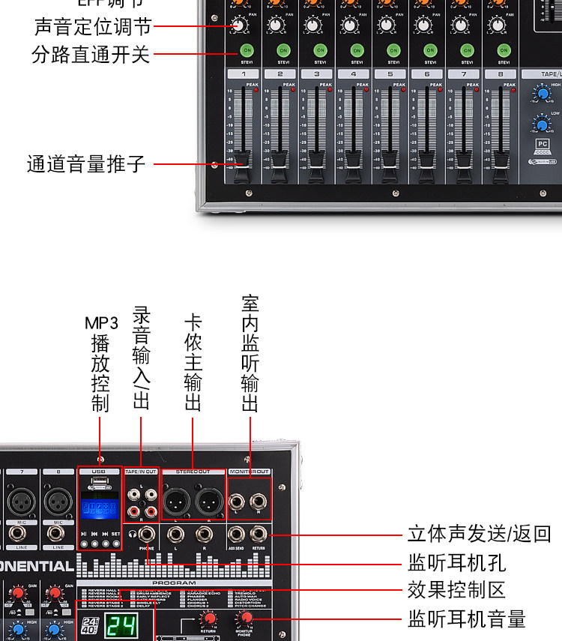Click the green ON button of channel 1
coord(247,50)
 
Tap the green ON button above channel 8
coord(504,50)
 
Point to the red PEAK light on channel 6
coord(439,91)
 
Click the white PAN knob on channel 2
coord(276,25)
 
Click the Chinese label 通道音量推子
coord(86,163)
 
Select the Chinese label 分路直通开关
coord(91,55)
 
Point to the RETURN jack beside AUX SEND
coord(259,534)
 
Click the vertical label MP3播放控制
coord(100,364)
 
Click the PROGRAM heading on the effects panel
coord(174,583)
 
